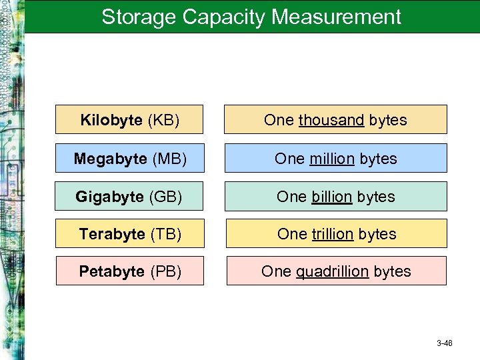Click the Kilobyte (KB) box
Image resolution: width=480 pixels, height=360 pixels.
pyautogui.click(x=129, y=120)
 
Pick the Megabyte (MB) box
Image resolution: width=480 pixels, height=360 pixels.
pyautogui.click(x=129, y=159)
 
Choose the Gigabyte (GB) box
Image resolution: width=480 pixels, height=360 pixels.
pyautogui.click(x=129, y=197)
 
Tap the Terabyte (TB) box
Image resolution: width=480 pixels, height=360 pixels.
pyautogui.click(x=129, y=234)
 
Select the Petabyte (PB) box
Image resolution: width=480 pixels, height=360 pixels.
pyautogui.click(x=129, y=271)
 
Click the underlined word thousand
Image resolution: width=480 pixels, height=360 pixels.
pyautogui.click(x=331, y=120)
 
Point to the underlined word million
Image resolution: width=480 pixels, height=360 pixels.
pyautogui.click(x=332, y=159)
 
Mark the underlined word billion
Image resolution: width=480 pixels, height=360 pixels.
pyautogui.click(x=331, y=197)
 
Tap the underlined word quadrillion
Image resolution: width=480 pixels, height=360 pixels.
pyautogui.click(x=332, y=271)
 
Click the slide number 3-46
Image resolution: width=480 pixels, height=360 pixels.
pyautogui.click(x=445, y=343)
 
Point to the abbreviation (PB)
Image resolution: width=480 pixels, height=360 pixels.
pyautogui.click(x=165, y=271)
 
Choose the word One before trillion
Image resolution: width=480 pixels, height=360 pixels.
pyautogui.click(x=292, y=234)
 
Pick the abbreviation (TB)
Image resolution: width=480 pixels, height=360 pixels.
pyautogui.click(x=165, y=234)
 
